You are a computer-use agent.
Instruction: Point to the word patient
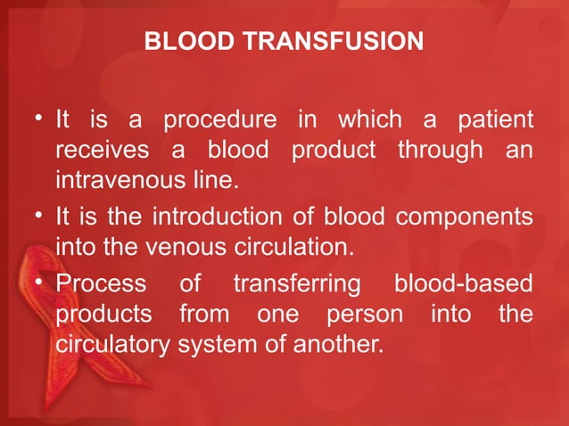495,119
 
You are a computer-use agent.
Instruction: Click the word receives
98,152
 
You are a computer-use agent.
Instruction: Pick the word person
366,315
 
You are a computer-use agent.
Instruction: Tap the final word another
342,345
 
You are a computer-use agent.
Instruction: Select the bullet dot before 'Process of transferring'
41,284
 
